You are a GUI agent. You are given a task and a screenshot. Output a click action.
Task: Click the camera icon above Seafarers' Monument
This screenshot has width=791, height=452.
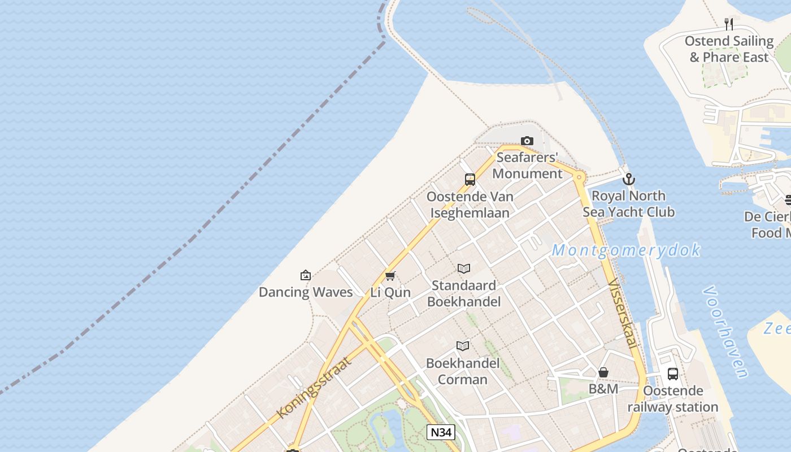click(527, 141)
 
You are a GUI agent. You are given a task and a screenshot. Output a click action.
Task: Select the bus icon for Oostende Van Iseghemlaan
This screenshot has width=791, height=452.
click(470, 180)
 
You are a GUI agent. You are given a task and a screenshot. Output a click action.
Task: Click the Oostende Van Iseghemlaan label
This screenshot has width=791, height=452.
click(470, 205)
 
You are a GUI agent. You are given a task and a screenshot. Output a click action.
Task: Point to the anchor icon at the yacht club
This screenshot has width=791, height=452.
click(628, 180)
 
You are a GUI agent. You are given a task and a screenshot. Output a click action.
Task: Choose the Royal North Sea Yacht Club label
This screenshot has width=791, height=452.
click(628, 204)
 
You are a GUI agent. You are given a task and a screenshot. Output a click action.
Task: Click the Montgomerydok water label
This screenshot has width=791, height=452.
click(626, 250)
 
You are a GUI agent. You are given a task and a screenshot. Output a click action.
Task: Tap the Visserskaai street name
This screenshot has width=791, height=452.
click(623, 312)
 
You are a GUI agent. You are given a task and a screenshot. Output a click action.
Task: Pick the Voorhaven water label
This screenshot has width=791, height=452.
click(727, 332)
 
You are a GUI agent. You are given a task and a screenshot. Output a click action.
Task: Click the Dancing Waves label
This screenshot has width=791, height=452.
click(306, 292)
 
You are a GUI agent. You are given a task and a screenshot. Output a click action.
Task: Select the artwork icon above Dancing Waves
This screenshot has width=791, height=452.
click(306, 275)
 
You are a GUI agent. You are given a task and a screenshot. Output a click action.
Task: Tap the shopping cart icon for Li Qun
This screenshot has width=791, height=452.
click(390, 276)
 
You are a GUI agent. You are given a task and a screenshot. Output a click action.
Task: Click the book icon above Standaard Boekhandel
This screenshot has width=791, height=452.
click(464, 268)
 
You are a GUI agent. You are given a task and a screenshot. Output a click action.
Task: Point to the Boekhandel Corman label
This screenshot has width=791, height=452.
click(463, 371)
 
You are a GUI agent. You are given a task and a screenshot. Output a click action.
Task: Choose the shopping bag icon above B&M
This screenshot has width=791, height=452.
click(603, 372)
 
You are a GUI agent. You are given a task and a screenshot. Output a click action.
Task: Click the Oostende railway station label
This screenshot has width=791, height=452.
click(673, 399)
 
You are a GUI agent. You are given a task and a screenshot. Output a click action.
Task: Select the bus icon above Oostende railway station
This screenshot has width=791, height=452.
click(673, 373)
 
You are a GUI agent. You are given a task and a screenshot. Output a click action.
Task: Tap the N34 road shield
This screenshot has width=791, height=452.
click(441, 433)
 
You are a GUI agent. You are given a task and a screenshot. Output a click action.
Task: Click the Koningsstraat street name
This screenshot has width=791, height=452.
click(314, 388)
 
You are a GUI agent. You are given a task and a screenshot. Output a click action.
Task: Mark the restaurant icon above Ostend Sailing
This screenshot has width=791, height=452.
click(729, 24)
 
